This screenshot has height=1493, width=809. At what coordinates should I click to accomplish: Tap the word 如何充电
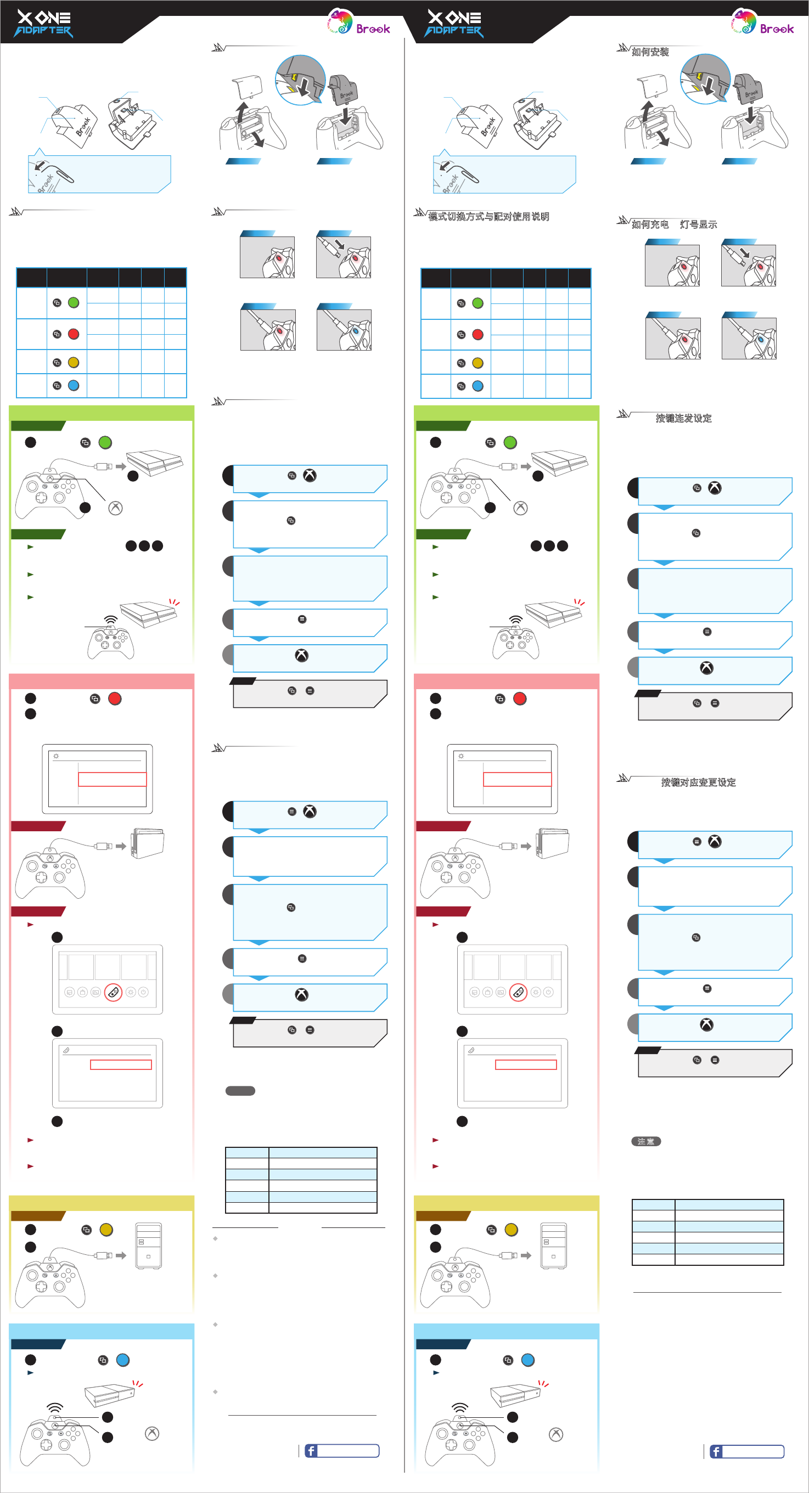pos(650,224)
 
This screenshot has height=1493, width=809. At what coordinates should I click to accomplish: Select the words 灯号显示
pos(698,224)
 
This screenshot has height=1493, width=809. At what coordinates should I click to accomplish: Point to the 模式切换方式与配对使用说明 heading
pos(488,217)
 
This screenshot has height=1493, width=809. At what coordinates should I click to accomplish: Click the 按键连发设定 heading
pos(683,419)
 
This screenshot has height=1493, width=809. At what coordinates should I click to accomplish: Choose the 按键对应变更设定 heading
pos(698,782)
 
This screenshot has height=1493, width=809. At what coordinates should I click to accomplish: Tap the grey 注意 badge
pos(645,1141)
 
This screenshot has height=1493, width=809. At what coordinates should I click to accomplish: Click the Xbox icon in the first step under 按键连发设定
pos(715,488)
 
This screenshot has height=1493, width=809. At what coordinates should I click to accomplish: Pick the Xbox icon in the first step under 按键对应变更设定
pos(715,842)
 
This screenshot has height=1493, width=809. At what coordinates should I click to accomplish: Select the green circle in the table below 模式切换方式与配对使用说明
pos(478,303)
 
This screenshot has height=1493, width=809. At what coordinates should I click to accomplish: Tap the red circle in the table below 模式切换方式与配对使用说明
pos(478,334)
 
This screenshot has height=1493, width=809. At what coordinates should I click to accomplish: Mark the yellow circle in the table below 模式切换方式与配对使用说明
pos(478,363)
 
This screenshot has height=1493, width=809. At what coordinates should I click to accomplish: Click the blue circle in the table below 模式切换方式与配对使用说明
pos(478,386)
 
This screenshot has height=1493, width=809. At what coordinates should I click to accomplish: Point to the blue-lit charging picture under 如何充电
pos(749,339)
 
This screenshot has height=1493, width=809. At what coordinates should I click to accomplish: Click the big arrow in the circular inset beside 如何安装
pos(707,86)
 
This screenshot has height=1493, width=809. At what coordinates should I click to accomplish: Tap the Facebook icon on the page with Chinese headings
pos(716,1451)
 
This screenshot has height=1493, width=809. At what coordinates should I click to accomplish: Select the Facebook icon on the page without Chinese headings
pos(311,1451)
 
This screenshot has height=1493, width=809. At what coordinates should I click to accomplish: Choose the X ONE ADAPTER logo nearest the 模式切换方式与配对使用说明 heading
pos(454,23)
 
